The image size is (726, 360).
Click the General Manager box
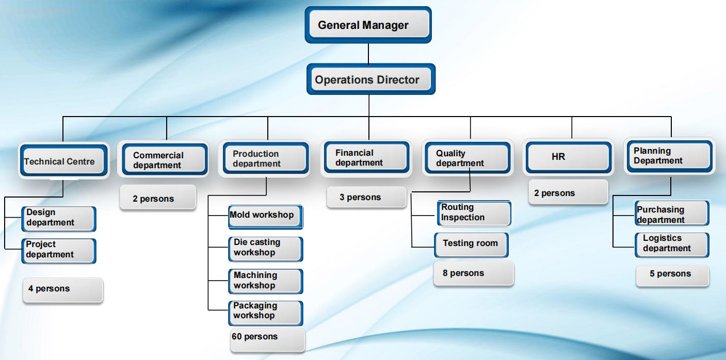(x=368, y=25)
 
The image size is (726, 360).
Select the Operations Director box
(x=371, y=79)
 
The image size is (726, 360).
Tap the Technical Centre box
(x=64, y=160)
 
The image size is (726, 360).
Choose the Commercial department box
(x=165, y=159)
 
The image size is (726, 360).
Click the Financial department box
(x=367, y=157)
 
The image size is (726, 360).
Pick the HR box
(x=569, y=157)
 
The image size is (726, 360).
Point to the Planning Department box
(x=670, y=156)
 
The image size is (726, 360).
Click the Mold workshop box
(x=265, y=217)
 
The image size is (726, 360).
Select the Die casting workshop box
(x=265, y=249)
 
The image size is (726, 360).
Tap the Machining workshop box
(x=265, y=281)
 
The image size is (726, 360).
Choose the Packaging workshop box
(x=265, y=313)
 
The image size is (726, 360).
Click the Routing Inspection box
(x=474, y=213)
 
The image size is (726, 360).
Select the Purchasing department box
(x=672, y=213)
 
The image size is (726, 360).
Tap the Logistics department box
(x=672, y=245)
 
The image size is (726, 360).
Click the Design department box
(x=59, y=219)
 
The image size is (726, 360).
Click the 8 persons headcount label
(x=474, y=273)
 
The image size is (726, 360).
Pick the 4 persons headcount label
(x=63, y=290)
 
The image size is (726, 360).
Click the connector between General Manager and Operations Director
(x=368, y=54)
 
